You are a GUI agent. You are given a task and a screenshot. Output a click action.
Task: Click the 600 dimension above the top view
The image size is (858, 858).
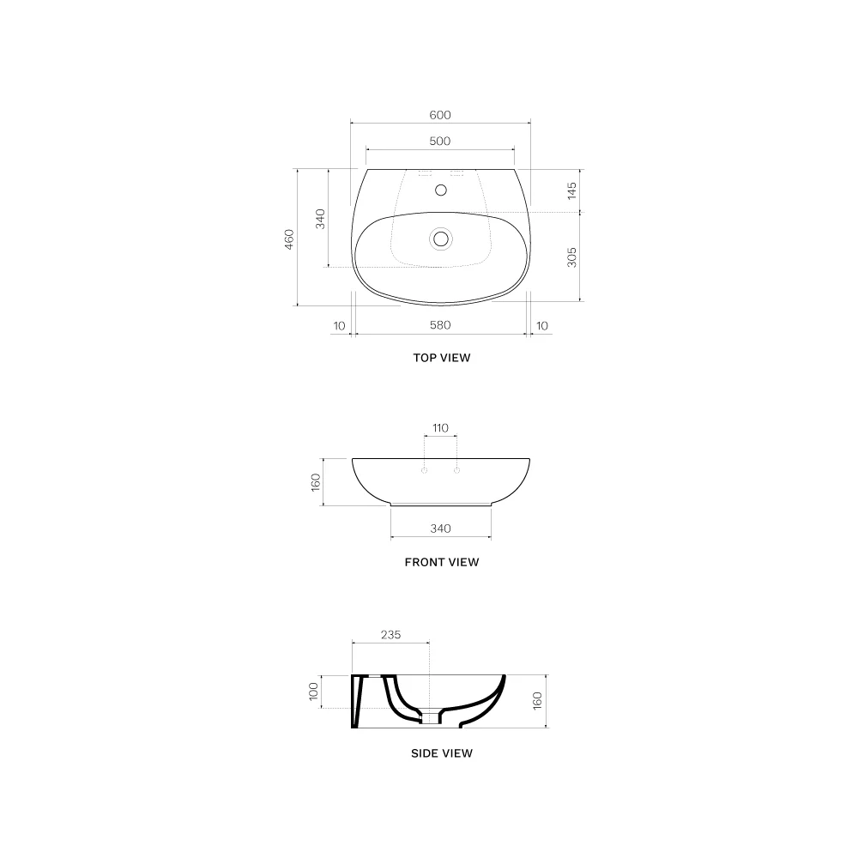pyautogui.click(x=440, y=115)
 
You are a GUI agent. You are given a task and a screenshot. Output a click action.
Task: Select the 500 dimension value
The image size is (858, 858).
pyautogui.click(x=440, y=142)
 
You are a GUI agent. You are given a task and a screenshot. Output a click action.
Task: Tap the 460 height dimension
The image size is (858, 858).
pyautogui.click(x=289, y=239)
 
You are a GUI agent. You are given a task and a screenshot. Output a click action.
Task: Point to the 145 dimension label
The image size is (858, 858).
pyautogui.click(x=571, y=190)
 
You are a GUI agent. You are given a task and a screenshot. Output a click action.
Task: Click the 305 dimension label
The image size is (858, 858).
pyautogui.click(x=571, y=257)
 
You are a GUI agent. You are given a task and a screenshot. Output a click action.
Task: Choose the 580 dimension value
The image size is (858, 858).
pyautogui.click(x=440, y=325)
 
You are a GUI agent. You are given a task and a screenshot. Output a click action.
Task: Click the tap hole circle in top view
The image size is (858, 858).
pyautogui.click(x=440, y=190)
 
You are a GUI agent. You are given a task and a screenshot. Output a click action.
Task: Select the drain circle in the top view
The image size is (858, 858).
pyautogui.click(x=440, y=239)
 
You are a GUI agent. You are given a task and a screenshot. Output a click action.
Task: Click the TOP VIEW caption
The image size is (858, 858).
pyautogui.click(x=442, y=358)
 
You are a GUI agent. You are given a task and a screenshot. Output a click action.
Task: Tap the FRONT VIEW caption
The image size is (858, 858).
pyautogui.click(x=442, y=563)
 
